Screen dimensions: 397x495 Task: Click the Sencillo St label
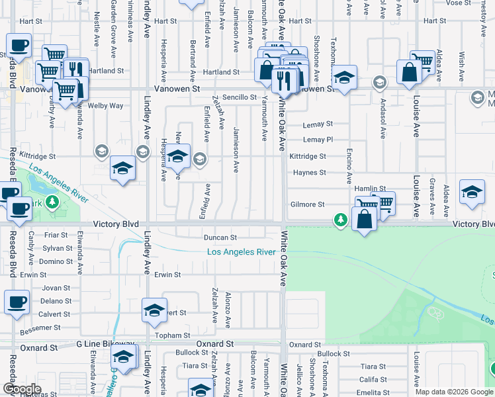tap(239, 97)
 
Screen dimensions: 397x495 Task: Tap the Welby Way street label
tap(107, 105)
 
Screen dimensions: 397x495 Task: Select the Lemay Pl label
tap(318, 140)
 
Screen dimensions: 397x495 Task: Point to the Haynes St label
tap(310, 173)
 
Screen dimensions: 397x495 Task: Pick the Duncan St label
tap(220, 237)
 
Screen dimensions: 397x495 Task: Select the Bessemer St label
tap(42, 328)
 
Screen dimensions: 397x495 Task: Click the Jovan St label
tap(56, 288)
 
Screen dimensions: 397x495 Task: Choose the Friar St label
tap(56, 235)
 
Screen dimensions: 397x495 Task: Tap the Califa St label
tap(373, 379)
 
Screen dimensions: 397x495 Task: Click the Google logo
tap(21, 389)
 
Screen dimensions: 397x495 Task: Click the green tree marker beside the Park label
tap(50, 202)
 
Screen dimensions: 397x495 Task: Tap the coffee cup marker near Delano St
tap(17, 302)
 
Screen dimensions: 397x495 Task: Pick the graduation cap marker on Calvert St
tap(154, 310)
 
